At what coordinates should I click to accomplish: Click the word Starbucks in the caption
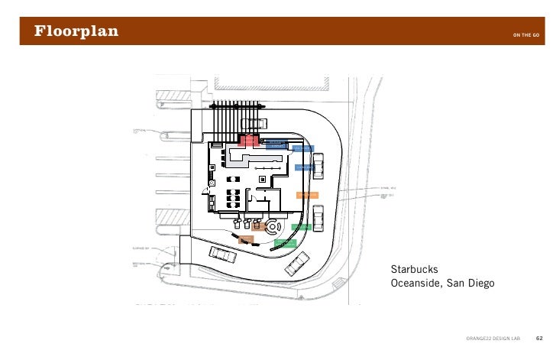coord(413,269)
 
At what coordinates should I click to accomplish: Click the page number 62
coord(539,337)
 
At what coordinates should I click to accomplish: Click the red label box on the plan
coord(250,141)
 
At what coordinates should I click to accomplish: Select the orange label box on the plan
coord(306,195)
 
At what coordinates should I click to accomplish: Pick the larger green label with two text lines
coord(285,244)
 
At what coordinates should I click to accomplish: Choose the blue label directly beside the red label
coord(276,143)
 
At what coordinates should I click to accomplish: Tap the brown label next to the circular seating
coord(257,225)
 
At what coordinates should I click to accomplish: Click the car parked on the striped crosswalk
coord(251,123)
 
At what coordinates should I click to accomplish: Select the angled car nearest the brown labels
coord(221,255)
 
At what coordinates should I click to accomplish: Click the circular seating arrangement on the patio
coord(273,227)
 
